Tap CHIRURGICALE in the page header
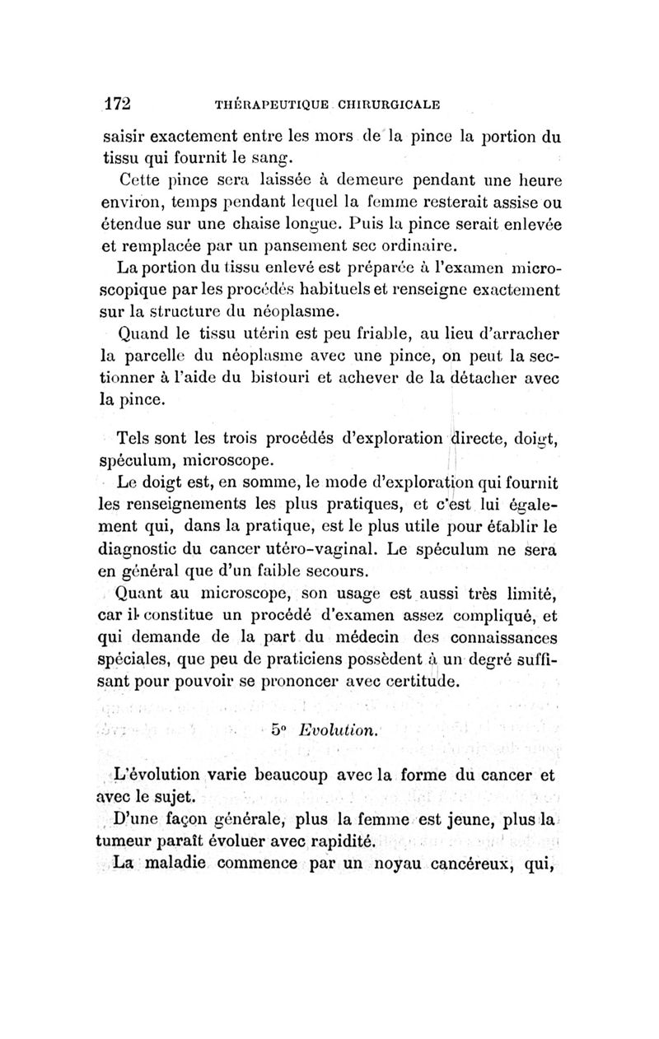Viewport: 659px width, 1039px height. tap(386, 105)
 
